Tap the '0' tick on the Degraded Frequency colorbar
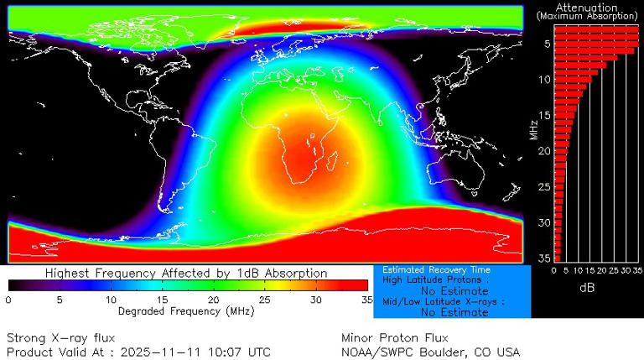click(x=8, y=300)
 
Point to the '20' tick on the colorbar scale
click(x=214, y=300)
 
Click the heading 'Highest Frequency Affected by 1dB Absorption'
click(x=186, y=274)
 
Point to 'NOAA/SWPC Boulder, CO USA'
click(x=431, y=352)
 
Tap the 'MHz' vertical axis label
click(x=534, y=128)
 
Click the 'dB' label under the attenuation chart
click(x=587, y=287)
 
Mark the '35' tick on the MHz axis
click(x=545, y=258)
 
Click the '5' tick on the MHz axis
click(x=547, y=43)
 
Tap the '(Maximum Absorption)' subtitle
click(x=587, y=16)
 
